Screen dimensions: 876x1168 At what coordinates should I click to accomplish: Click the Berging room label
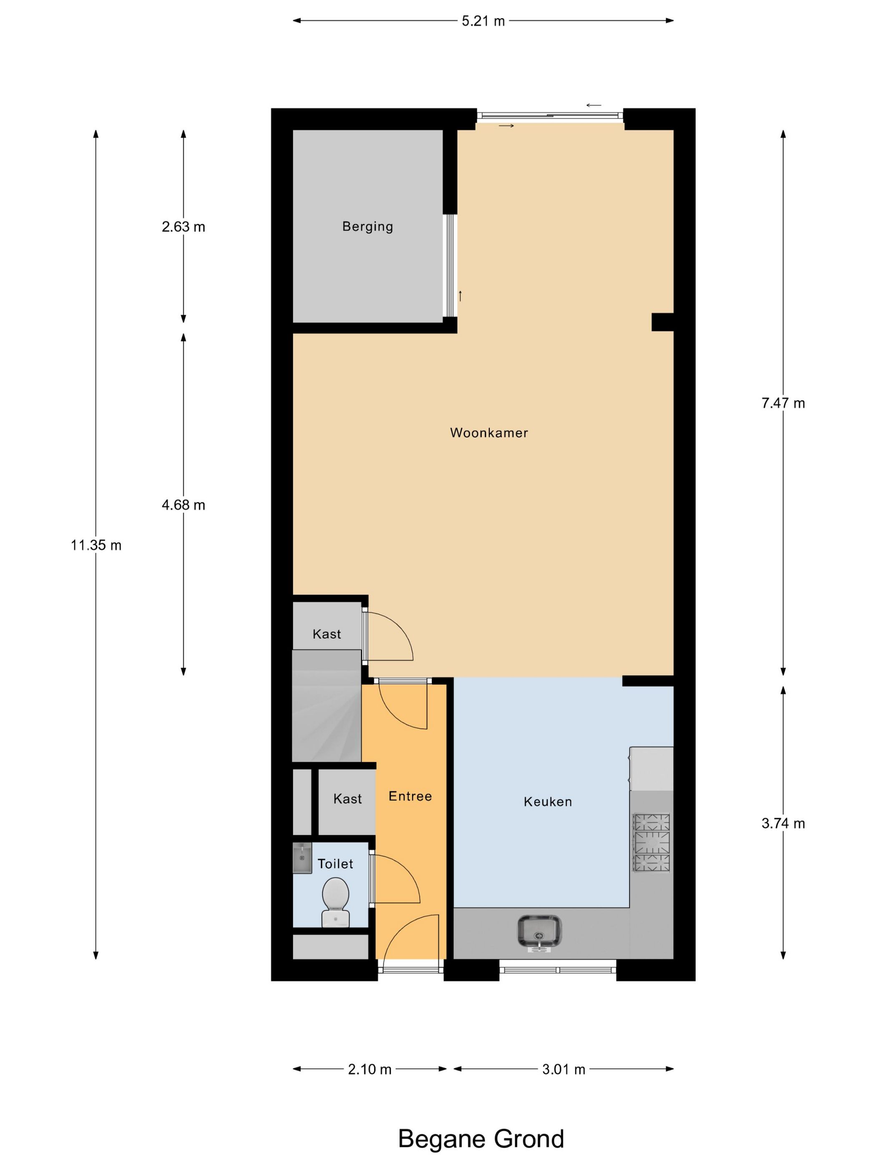pyautogui.click(x=368, y=227)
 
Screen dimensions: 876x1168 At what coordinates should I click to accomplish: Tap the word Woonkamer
pyautogui.click(x=489, y=433)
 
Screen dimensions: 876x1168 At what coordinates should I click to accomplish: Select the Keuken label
pyautogui.click(x=548, y=802)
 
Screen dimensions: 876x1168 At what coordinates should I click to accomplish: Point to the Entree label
pyautogui.click(x=410, y=796)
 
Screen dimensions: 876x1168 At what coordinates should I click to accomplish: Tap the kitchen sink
pyautogui.click(x=539, y=933)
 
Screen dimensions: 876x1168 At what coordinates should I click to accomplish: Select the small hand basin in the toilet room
pyautogui.click(x=302, y=858)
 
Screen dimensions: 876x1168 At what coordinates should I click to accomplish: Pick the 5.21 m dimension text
pyautogui.click(x=483, y=21)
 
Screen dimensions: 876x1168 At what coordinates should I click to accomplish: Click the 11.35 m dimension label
pyautogui.click(x=96, y=545)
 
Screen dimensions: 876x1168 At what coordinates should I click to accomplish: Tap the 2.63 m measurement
pyautogui.click(x=183, y=227)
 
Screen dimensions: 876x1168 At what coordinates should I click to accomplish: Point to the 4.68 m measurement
pyautogui.click(x=183, y=505)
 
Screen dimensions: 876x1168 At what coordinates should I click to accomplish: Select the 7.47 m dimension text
pyautogui.click(x=783, y=403)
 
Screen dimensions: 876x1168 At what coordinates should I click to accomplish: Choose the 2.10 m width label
pyautogui.click(x=370, y=1069)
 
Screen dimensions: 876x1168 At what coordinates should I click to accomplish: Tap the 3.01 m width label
pyautogui.click(x=564, y=1069)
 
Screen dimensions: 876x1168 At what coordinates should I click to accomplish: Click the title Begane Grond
pyautogui.click(x=481, y=1138)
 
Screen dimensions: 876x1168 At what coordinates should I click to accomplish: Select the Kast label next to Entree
pyautogui.click(x=347, y=799)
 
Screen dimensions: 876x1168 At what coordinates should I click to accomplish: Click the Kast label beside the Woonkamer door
pyautogui.click(x=327, y=634)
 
